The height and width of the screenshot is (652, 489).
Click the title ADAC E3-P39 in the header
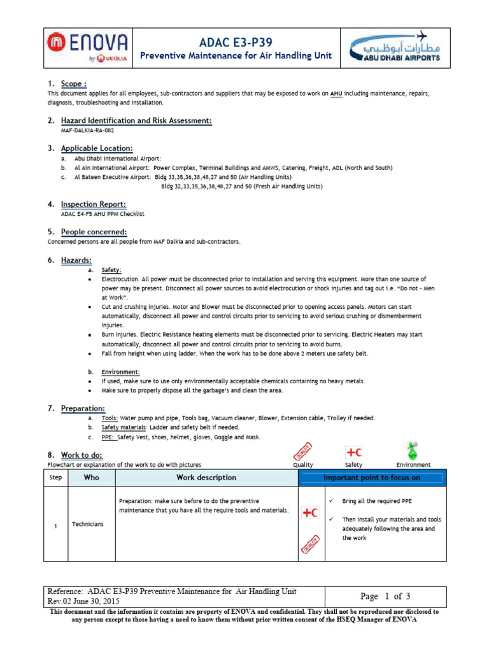point(236,43)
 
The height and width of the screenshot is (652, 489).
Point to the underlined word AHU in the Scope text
point(336,94)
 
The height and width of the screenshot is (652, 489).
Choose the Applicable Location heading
point(97,148)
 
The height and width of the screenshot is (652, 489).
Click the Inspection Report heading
point(93,204)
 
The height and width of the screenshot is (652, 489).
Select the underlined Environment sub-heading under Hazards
point(120,371)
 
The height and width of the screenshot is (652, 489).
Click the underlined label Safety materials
point(124,428)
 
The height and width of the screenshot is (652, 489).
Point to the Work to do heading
point(81,455)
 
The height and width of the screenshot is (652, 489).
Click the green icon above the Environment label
point(413,451)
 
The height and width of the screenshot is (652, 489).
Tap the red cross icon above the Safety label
point(353,452)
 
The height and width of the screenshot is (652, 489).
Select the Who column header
point(92,478)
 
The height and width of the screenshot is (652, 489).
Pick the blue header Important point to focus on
point(372,478)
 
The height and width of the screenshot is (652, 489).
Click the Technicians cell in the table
point(88,524)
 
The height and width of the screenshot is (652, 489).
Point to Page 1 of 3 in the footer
point(385,597)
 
